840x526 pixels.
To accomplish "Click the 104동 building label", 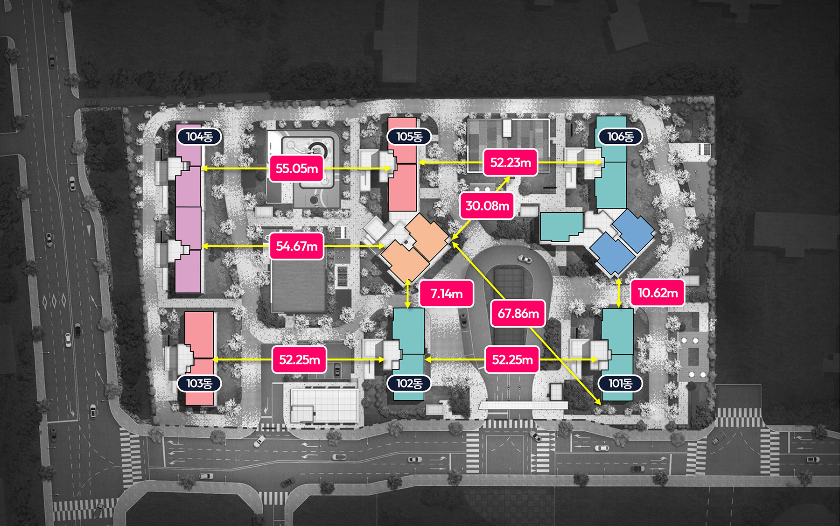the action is point(199,137).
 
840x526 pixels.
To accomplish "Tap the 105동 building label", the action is point(409,137).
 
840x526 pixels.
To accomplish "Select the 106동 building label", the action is point(620,137).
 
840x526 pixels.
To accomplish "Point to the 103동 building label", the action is point(199,384).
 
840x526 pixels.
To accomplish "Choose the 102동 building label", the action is point(409,384).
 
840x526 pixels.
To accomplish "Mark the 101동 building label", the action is point(620,384).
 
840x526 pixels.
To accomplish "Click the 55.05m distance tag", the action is point(297,168).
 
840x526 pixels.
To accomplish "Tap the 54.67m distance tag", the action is point(297,246).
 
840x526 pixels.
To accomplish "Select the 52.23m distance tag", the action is point(511,162).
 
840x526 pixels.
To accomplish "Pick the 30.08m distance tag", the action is point(487,206).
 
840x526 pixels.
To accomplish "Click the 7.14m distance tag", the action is point(447,294).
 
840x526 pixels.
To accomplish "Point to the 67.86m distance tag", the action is point(518,313).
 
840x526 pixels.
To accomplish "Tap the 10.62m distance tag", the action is point(658,293).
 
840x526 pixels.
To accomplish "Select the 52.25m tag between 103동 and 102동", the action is point(300,359).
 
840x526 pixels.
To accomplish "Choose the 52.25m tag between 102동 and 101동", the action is point(512,359).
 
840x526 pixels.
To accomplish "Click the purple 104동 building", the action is point(189,209).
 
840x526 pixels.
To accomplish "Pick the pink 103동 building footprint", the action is point(200,358).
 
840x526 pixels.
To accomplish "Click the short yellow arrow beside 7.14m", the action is point(408,294).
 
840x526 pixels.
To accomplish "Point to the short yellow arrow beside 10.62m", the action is point(619,293).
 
